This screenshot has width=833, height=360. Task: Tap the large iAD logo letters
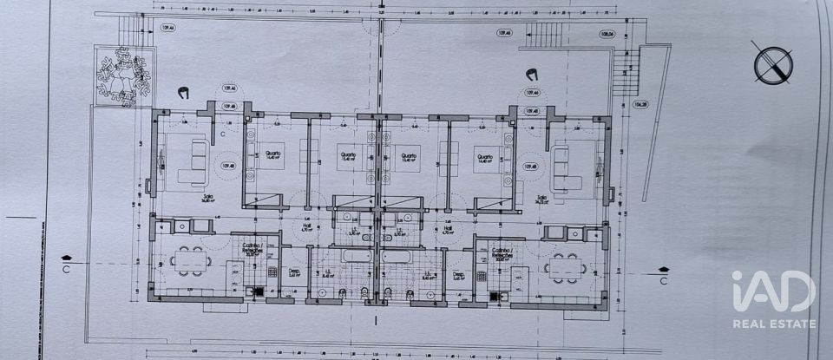click(x=772, y=292)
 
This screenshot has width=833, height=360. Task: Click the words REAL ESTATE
click(x=774, y=324)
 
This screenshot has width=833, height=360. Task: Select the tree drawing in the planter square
click(x=121, y=76)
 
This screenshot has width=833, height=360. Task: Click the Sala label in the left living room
click(x=207, y=197)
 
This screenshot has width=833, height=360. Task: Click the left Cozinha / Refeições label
click(x=253, y=251)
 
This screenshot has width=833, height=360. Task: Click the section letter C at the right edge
click(x=662, y=280)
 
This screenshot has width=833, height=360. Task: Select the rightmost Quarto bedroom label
click(x=482, y=158)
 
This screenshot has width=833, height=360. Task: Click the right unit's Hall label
click(x=449, y=230)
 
